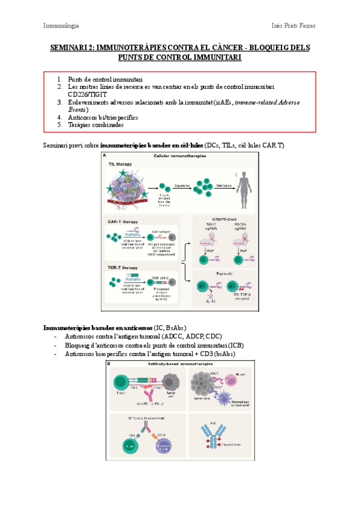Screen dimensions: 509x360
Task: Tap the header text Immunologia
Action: click(x=61, y=26)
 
